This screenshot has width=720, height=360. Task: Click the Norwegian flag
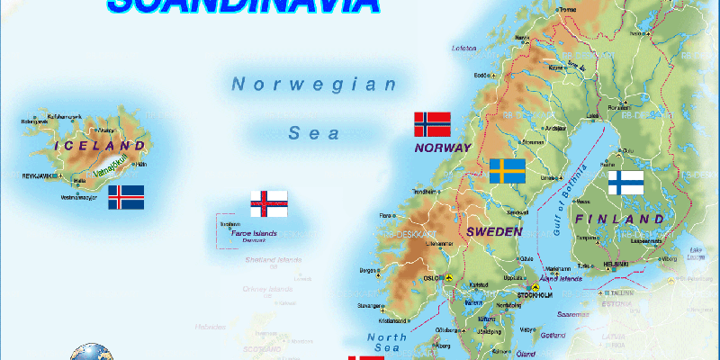[x=432, y=124]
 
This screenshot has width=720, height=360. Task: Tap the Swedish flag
[x=508, y=171]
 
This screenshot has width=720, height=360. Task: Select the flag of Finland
[x=625, y=183]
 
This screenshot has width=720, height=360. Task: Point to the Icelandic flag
[x=126, y=197]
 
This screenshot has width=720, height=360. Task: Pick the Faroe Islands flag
[x=269, y=203]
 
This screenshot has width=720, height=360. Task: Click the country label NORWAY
[x=443, y=148]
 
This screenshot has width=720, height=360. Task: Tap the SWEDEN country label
[x=494, y=231]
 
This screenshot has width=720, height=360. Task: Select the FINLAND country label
[x=621, y=220]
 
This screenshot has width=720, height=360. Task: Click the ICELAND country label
[x=100, y=145]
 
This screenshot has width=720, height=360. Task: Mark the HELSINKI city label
[x=616, y=264]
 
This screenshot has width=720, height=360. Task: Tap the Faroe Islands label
[x=254, y=234]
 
